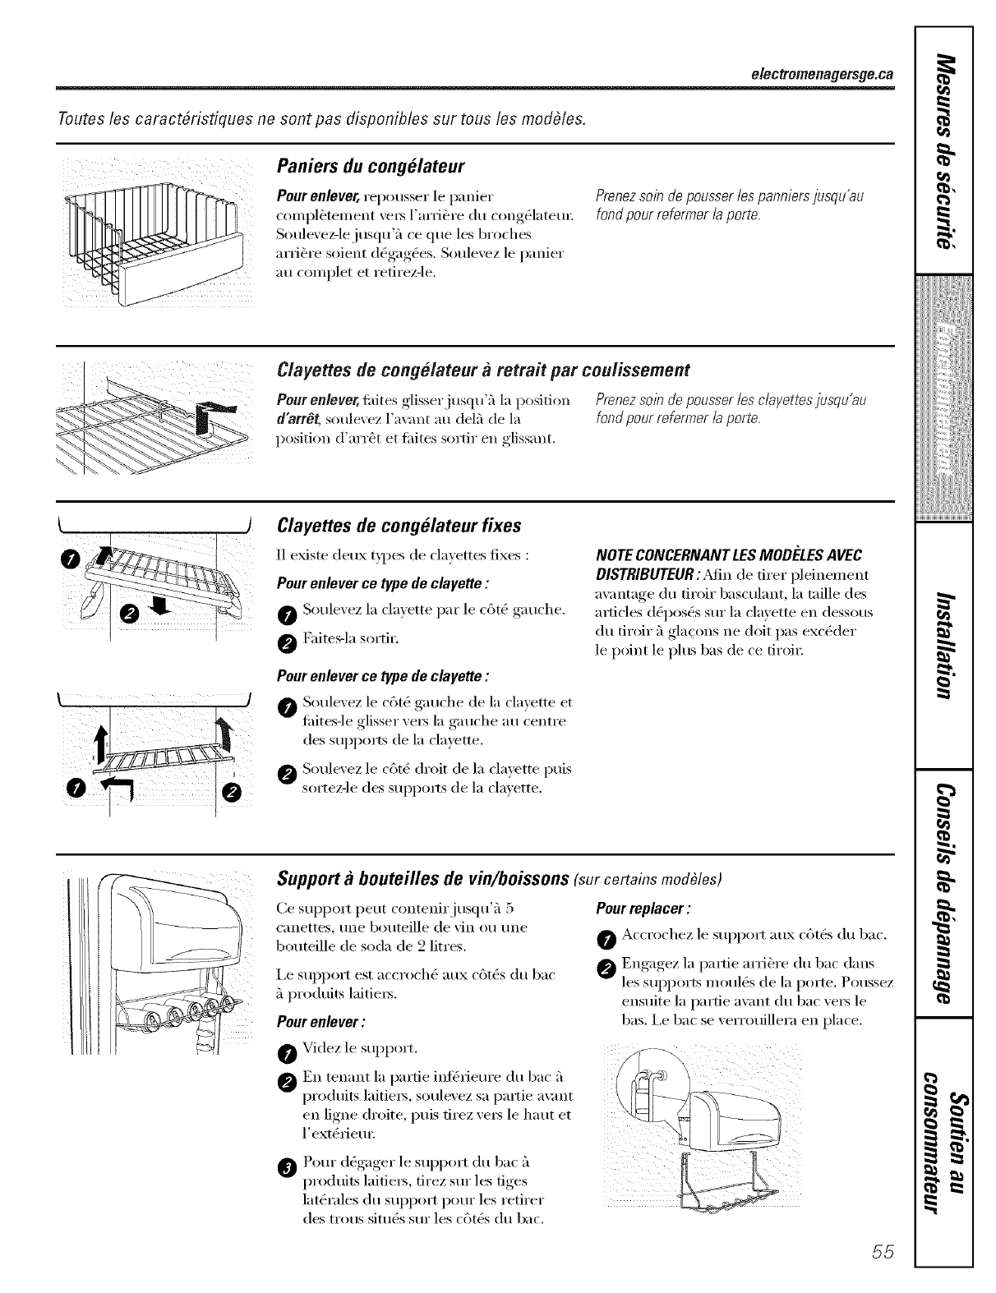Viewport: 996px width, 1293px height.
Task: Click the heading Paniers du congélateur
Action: pos(371,168)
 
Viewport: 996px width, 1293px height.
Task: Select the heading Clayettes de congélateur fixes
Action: pos(399,525)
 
